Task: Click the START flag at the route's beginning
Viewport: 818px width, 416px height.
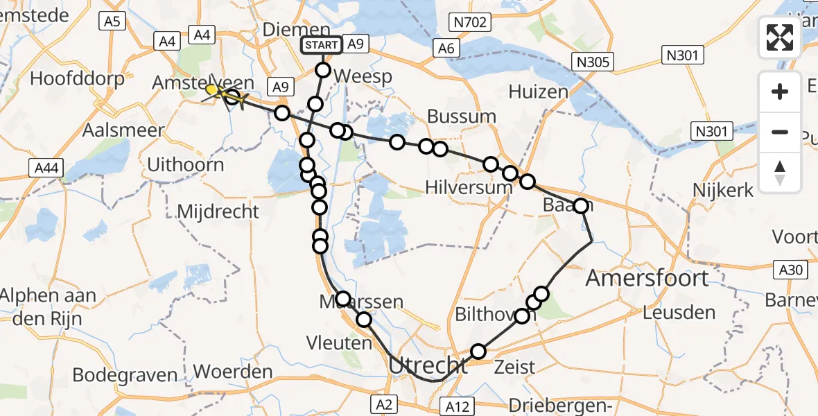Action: [x=321, y=45]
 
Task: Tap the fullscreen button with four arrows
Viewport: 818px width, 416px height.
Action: [x=780, y=37]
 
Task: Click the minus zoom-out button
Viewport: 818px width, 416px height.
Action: [x=780, y=132]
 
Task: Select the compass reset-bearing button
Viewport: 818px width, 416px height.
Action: [x=780, y=171]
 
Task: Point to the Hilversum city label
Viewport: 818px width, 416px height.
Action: [x=469, y=187]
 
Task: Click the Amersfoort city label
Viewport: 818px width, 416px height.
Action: [x=647, y=279]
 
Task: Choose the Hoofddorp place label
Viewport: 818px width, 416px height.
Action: [x=77, y=78]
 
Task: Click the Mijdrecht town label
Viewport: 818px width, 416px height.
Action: [x=218, y=211]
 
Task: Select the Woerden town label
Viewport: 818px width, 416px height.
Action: [x=233, y=372]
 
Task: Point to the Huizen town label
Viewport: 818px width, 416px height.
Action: [x=538, y=92]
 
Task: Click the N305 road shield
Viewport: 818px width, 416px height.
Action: [x=592, y=63]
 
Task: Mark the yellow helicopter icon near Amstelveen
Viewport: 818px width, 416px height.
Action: [x=214, y=91]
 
